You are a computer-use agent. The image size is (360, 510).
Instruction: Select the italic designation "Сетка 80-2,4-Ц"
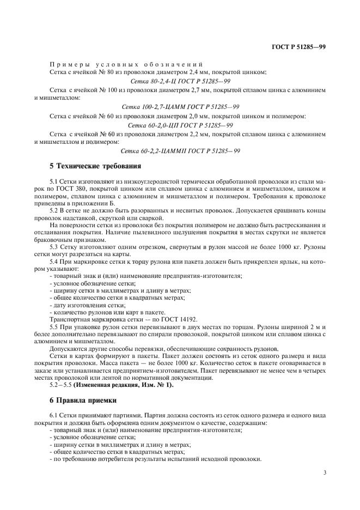pos(145,81)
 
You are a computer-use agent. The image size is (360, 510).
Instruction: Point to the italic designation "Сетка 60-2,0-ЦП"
pos(146,125)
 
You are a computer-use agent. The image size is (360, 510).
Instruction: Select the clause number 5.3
pos(54,247)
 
